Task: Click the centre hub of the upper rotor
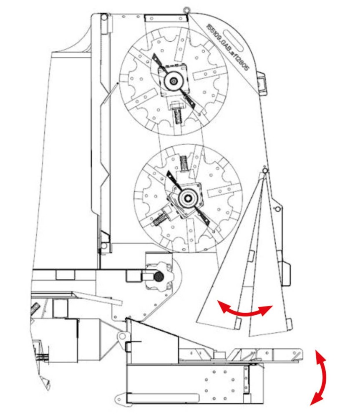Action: [x=172, y=81]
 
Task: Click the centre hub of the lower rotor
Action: [x=187, y=197]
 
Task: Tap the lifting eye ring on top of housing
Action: [x=186, y=8]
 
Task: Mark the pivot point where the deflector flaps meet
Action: [x=264, y=171]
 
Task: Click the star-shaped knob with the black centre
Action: [x=158, y=276]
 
